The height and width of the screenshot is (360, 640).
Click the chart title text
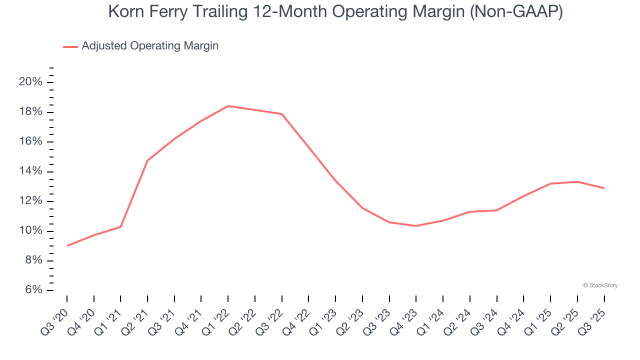coord(335,12)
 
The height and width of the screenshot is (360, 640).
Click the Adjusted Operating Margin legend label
coord(150,46)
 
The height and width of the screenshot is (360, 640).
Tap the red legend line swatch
coord(70,46)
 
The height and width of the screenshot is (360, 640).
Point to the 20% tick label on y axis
coord(30,82)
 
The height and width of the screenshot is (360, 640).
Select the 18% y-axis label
coord(30,111)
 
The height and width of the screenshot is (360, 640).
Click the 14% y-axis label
coord(30,171)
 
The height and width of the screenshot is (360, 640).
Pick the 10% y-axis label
coord(30,231)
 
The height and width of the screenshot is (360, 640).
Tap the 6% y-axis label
coord(30,290)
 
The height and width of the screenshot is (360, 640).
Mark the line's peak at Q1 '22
coord(228,106)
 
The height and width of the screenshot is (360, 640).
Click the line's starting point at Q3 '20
coord(67,245)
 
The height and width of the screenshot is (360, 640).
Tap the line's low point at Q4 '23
coord(416,226)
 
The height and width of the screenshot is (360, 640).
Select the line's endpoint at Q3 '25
coord(604,188)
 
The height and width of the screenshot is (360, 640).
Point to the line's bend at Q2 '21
coord(147,160)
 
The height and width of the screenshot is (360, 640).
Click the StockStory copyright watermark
coord(600,285)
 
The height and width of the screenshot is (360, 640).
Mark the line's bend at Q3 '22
coord(282,114)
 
